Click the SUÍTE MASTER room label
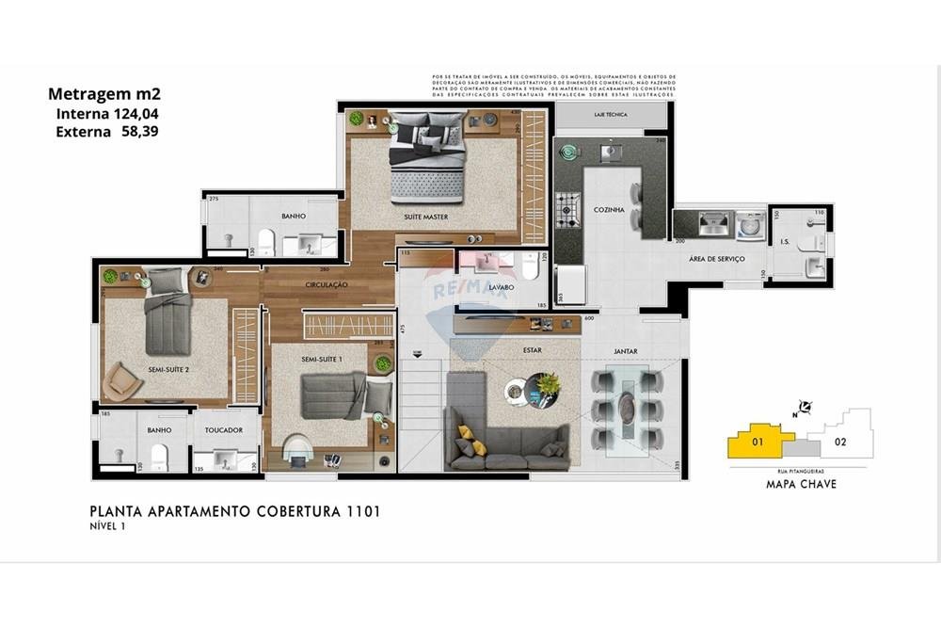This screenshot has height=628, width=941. [x=425, y=217]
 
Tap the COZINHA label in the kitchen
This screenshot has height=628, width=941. [x=609, y=210]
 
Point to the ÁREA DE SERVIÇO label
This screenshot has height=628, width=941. [x=717, y=259]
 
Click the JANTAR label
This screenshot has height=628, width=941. [x=626, y=351]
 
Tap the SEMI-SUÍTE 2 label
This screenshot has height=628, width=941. [x=168, y=370]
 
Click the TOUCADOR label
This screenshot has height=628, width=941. [x=223, y=430]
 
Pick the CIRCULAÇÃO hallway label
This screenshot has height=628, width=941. [x=327, y=284]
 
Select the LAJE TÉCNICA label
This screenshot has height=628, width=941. [x=611, y=115]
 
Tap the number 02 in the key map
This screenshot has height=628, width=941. [x=840, y=441]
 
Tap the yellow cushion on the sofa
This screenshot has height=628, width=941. [x=466, y=434]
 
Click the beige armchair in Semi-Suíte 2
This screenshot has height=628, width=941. [x=122, y=380]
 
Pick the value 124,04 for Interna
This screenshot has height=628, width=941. [x=134, y=113]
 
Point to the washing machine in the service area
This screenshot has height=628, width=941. [x=750, y=224]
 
